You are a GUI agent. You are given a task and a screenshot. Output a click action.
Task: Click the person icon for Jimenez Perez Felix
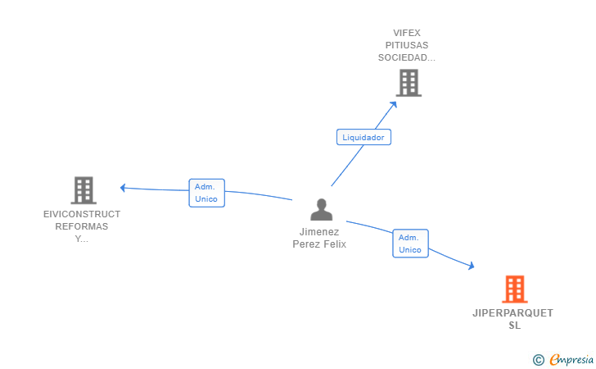point(322,210)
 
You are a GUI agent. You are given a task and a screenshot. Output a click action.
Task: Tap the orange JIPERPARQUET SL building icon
point(513,289)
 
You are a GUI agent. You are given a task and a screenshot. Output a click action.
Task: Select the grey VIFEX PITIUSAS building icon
point(408,83)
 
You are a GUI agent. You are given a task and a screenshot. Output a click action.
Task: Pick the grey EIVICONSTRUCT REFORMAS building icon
point(83,190)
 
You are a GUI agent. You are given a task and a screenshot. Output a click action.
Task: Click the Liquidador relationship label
point(363,138)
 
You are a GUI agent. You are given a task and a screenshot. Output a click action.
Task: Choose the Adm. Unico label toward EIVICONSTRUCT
point(206,193)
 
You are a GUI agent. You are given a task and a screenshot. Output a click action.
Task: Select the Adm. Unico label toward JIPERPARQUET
point(410,244)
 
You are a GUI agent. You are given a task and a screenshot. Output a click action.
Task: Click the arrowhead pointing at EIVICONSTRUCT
point(124,188)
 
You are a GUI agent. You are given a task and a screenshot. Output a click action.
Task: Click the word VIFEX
point(407,33)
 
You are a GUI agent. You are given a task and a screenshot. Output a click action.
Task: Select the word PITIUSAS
point(407,45)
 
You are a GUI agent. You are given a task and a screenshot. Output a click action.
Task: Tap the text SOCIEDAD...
point(406,57)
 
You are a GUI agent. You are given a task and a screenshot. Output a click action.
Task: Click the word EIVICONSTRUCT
point(82,214)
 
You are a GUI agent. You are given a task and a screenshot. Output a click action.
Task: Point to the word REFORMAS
point(82,226)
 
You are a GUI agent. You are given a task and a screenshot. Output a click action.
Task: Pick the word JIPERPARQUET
point(513,313)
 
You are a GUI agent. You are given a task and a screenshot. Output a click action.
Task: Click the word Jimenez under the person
point(319,232)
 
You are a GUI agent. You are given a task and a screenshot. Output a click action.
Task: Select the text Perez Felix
point(319,244)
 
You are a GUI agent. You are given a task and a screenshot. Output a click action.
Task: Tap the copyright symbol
point(538,359)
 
